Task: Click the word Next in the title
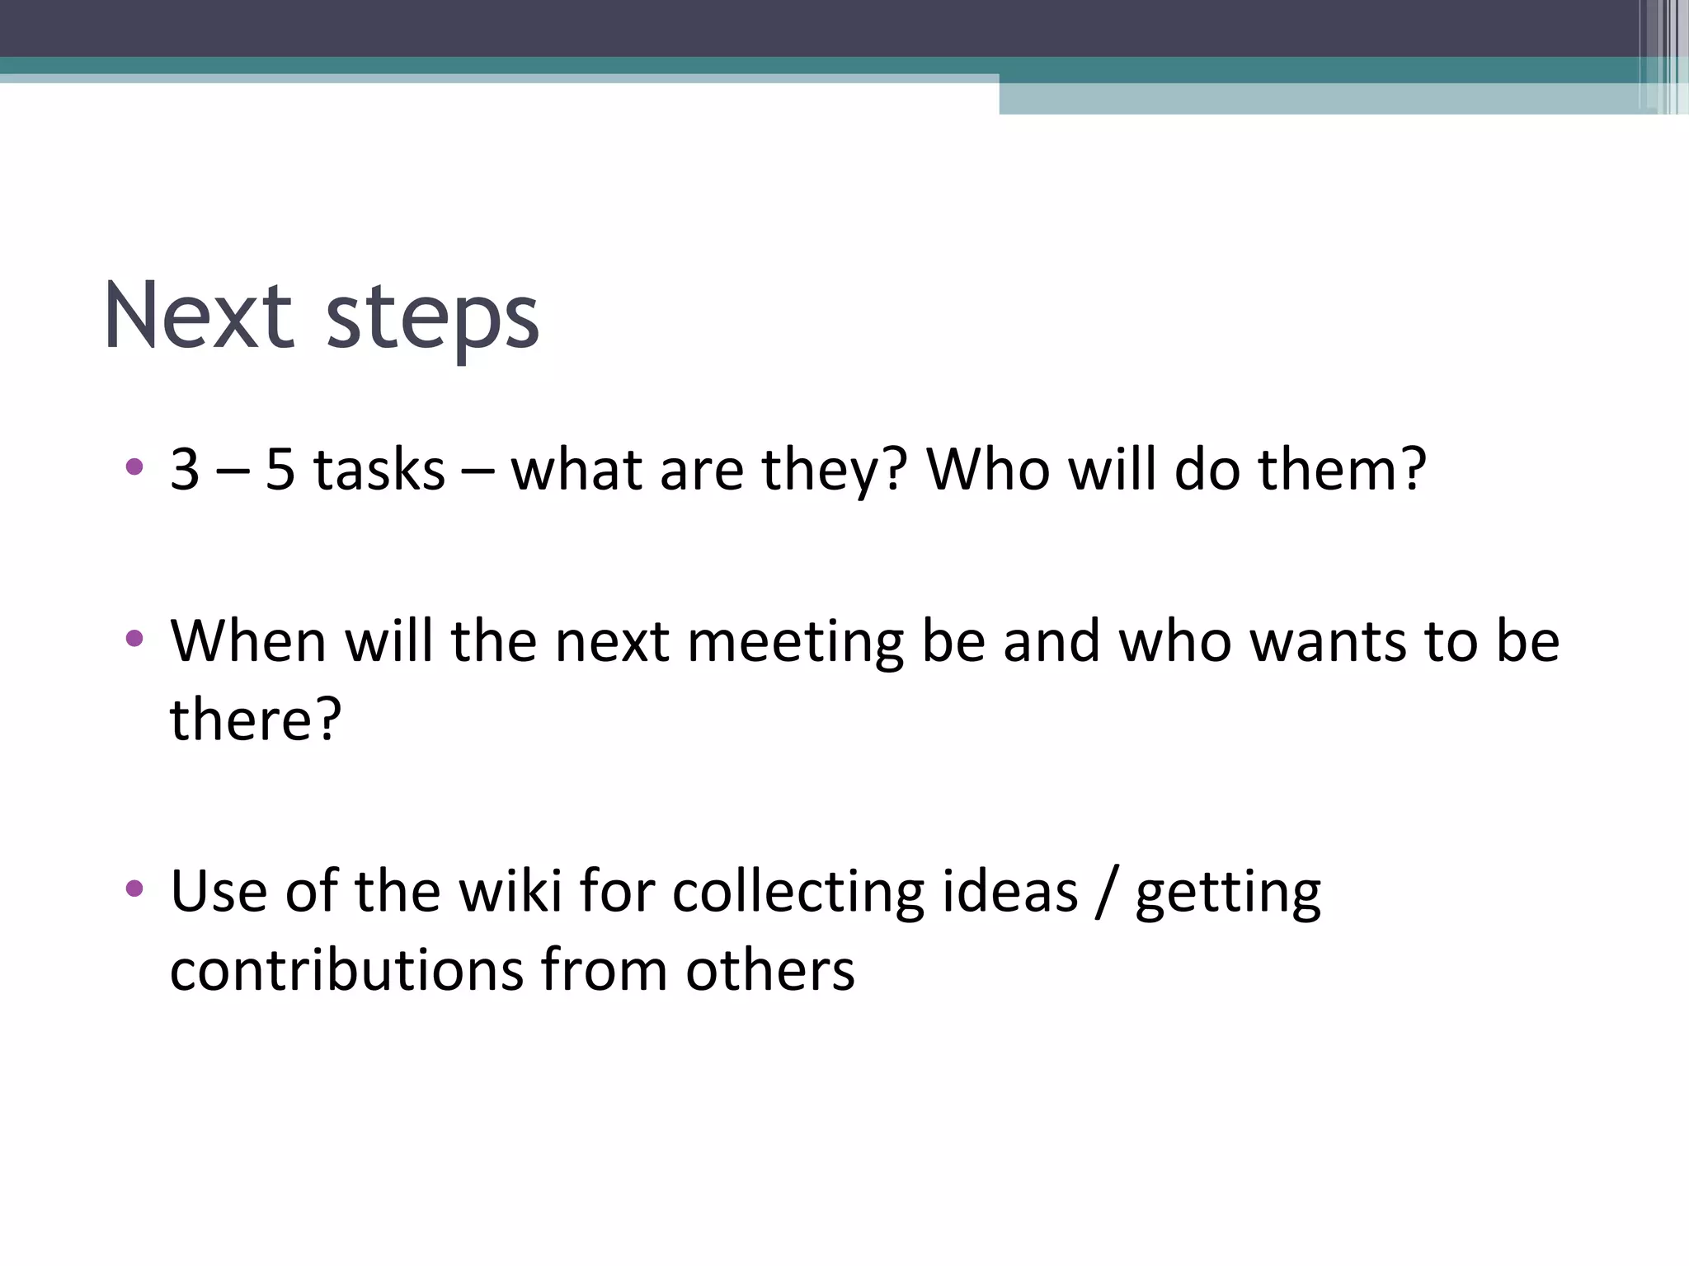pyautogui.click(x=198, y=316)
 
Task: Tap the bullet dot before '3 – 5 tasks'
pyautogui.click(x=134, y=467)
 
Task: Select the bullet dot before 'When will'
pyautogui.click(x=134, y=638)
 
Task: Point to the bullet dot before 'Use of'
pyautogui.click(x=134, y=889)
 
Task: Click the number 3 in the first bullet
pyautogui.click(x=185, y=470)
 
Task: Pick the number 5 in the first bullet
pyautogui.click(x=280, y=470)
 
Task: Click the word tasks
pyautogui.click(x=379, y=470)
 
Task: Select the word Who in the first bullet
pyautogui.click(x=989, y=470)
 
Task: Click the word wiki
pyautogui.click(x=510, y=892)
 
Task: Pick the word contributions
pyautogui.click(x=346, y=969)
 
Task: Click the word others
pyautogui.click(x=770, y=969)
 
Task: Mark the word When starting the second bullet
pyautogui.click(x=248, y=641)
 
